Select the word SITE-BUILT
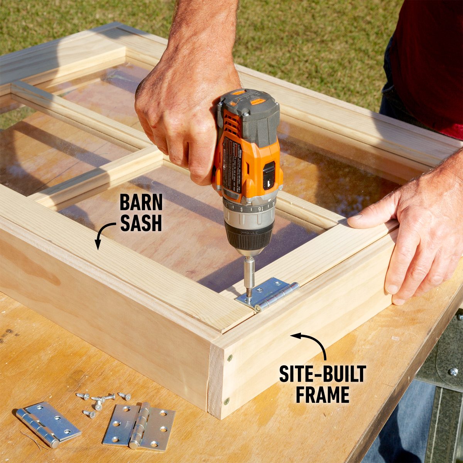[322, 374]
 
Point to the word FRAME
[323, 395]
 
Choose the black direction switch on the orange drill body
[269, 176]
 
